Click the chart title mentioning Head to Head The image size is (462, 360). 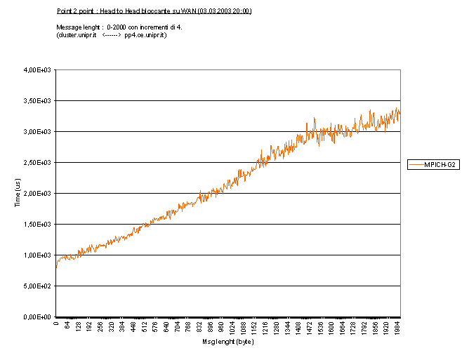pos(154,11)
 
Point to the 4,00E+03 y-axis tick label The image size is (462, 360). pos(38,70)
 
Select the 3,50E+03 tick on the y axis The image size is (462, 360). pos(38,101)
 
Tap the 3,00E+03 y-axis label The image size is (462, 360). pos(38,132)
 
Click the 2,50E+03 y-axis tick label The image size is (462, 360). pos(38,163)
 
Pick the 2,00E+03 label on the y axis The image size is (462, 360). pos(38,194)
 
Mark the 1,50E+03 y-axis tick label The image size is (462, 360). pos(38,225)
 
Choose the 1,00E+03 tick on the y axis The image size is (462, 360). pos(38,255)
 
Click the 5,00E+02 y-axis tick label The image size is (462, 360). pos(38,286)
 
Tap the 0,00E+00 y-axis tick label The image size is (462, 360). pos(38,317)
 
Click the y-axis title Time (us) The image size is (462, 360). pos(18,193)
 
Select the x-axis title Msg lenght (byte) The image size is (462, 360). pos(227,342)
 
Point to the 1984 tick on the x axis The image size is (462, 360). pos(397,328)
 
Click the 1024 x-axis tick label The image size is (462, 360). pos(232,328)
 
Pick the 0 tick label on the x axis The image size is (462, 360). pos(56,324)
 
